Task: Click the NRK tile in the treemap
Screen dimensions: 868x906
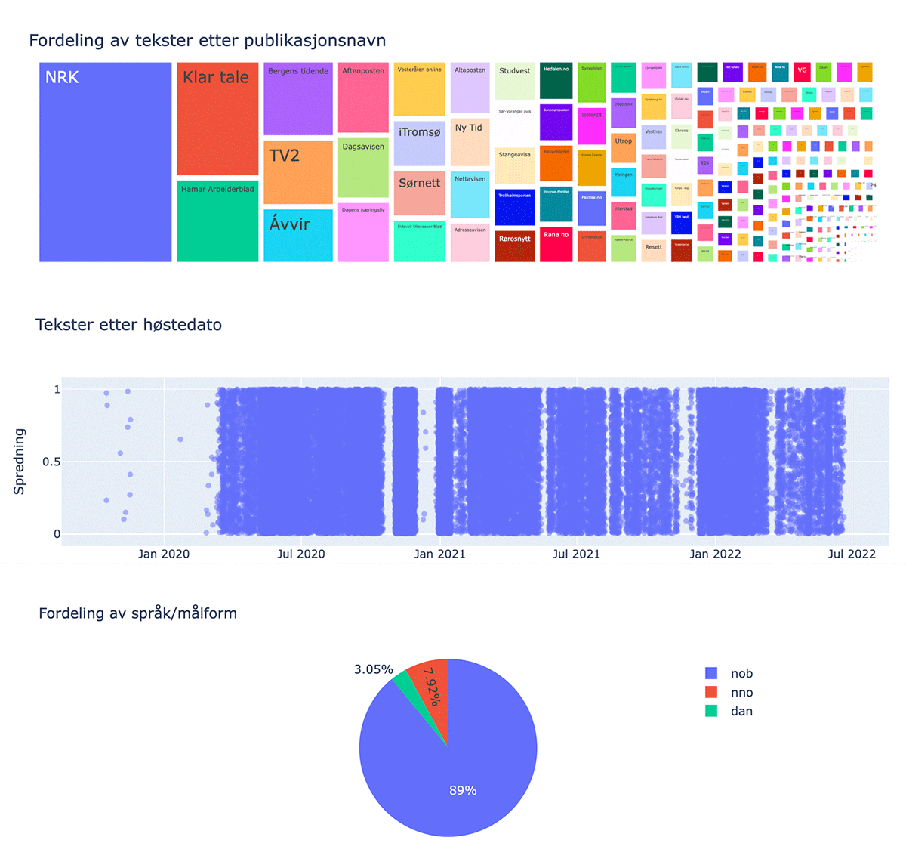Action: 105,162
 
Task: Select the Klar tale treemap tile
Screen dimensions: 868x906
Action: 217,119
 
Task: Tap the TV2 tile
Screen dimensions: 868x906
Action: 298,171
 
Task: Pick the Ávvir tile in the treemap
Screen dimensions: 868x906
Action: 298,235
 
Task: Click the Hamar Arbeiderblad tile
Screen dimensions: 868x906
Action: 217,221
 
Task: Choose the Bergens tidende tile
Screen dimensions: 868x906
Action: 298,99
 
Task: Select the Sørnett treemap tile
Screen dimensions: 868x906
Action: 419,193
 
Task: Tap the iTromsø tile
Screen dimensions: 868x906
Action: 419,142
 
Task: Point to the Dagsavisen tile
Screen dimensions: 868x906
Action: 363,168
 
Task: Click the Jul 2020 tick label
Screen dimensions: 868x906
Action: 300,554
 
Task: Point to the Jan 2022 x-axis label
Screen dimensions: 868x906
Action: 715,554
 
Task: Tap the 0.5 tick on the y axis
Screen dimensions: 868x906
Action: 51,462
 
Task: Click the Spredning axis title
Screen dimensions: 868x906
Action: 20,462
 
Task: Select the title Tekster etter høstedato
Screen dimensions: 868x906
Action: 128,325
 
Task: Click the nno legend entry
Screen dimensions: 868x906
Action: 741,692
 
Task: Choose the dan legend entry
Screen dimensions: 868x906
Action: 741,711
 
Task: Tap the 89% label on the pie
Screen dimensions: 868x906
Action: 463,790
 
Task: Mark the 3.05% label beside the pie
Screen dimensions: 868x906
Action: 373,669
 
